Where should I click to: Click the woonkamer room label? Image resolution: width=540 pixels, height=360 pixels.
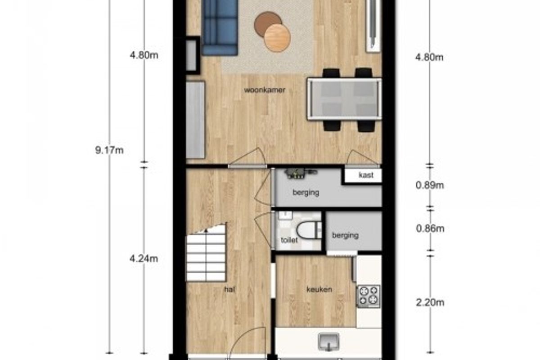coord(265,90)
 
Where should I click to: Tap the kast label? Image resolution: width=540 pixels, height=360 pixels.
coord(366,175)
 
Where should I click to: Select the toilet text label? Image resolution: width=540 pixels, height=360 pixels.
coord(289,240)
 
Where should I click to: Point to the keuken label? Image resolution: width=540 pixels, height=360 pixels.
coord(319,289)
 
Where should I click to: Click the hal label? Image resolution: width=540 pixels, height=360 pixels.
coord(229,290)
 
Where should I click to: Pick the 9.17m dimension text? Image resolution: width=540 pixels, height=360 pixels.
coord(109,150)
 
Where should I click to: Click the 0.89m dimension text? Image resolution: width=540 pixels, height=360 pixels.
coord(430,185)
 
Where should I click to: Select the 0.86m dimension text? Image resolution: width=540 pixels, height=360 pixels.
coord(430,228)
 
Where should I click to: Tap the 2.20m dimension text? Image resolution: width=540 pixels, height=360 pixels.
coord(430,302)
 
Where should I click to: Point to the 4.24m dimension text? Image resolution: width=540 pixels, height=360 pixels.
coord(144,259)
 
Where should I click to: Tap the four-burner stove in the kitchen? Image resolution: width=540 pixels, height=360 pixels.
coord(369,297)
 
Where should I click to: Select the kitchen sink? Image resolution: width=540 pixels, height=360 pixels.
coord(328,342)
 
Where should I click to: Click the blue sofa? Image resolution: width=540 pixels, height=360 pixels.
coord(219,27)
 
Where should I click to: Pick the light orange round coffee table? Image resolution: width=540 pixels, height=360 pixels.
coord(277,38)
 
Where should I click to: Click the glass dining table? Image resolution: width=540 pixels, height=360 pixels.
coord(344,99)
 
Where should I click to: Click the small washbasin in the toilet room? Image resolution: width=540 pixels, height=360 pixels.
coord(285,215)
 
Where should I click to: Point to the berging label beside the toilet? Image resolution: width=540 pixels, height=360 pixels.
coord(345,235)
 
